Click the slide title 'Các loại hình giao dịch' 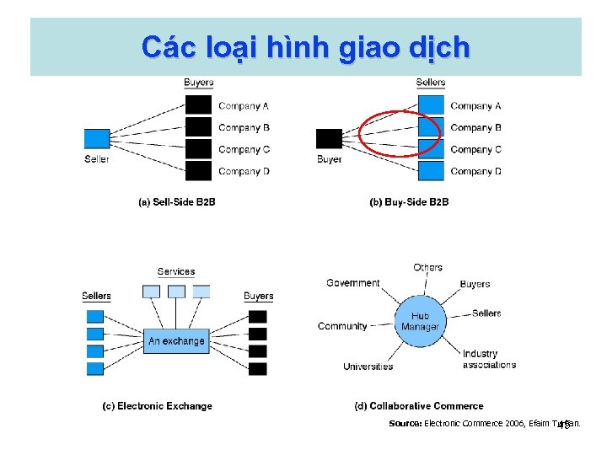point(305,46)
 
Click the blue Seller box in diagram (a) point(97,138)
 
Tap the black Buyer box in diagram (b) point(329,138)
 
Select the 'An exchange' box point(176,341)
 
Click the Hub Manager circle point(420,321)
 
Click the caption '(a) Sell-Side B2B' point(176,202)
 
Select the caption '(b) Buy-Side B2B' point(409,202)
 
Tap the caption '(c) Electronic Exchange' point(157,406)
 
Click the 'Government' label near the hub point(352,283)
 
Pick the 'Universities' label point(368,367)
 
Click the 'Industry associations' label point(488,359)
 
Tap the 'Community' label point(342,326)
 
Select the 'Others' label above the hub point(427,267)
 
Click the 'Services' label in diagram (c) point(175,271)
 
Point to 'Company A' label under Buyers point(244,106)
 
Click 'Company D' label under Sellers point(475,172)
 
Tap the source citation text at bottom point(484,423)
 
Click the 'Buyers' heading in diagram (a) point(198,83)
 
